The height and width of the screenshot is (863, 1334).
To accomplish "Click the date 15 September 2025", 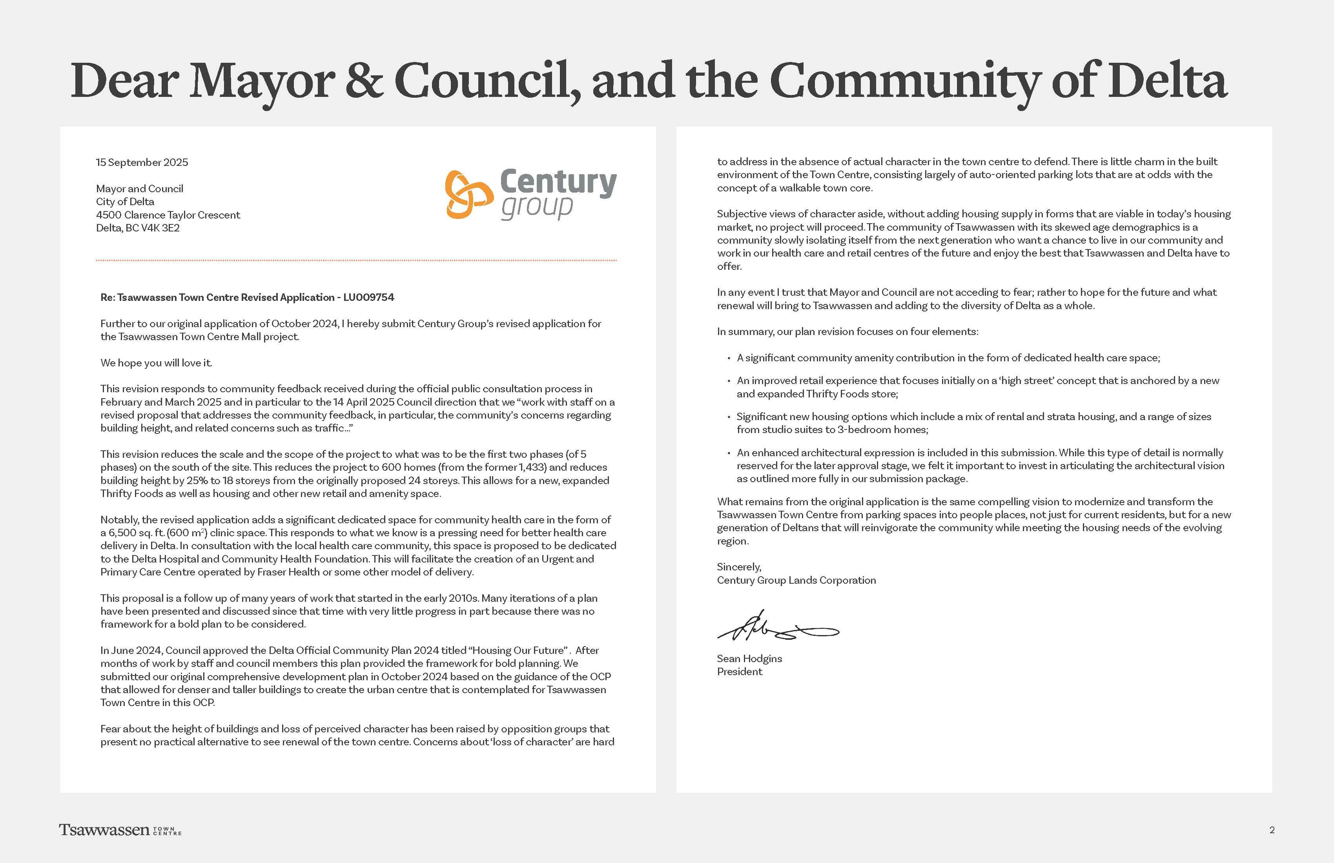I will click(142, 162).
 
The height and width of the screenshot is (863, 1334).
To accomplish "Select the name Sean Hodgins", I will click(749, 659).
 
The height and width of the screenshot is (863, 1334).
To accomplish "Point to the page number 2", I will click(1272, 830).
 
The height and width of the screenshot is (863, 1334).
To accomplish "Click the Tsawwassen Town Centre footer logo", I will click(120, 830).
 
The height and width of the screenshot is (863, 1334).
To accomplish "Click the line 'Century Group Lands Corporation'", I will click(796, 581).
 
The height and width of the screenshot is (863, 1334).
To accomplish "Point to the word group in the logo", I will click(537, 207).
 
